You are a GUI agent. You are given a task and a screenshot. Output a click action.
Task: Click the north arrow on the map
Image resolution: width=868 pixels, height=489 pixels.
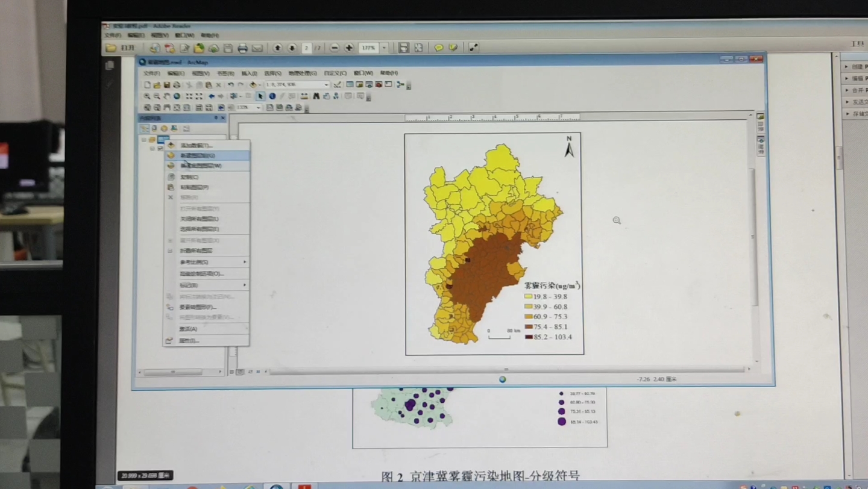(568, 147)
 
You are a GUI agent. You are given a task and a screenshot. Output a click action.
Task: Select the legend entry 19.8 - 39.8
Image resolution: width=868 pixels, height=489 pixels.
(546, 296)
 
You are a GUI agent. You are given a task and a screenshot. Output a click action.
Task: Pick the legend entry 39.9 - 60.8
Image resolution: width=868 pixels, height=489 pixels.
(546, 307)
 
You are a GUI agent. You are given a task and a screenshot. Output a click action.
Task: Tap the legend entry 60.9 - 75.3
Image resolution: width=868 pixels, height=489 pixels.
(546, 317)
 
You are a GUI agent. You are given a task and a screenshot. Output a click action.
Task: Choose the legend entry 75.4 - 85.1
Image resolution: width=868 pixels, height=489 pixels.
(546, 327)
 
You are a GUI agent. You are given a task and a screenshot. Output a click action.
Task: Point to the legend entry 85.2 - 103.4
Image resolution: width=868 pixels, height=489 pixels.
(548, 337)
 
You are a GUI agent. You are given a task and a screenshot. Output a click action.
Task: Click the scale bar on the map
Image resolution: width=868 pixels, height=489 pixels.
(500, 335)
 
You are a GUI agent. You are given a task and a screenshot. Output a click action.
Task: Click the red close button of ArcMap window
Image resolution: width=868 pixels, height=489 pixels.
(756, 59)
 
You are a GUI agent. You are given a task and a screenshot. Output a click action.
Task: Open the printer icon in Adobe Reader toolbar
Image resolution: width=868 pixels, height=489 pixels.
(242, 48)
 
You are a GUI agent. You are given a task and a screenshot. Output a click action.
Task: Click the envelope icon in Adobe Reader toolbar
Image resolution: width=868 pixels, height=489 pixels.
(257, 48)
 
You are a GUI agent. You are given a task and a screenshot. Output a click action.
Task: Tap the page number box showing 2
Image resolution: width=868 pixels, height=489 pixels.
(307, 48)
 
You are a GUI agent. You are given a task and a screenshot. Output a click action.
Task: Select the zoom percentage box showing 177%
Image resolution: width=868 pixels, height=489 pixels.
(368, 48)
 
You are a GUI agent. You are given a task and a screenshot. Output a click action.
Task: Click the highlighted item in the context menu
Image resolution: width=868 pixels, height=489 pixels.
(205, 155)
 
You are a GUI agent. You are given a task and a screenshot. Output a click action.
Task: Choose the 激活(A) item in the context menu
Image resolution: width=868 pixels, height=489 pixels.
(189, 329)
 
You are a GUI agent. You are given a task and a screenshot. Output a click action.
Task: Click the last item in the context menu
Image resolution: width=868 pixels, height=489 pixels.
(189, 341)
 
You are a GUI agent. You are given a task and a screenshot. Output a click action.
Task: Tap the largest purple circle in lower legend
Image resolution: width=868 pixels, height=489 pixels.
(562, 422)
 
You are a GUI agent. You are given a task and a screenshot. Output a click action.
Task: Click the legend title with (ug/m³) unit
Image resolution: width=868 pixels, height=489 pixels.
(552, 285)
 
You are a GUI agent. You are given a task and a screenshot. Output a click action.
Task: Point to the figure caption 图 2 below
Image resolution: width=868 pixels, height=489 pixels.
(480, 476)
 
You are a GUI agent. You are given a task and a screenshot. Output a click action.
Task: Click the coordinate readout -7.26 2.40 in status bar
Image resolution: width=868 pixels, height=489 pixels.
(656, 379)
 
